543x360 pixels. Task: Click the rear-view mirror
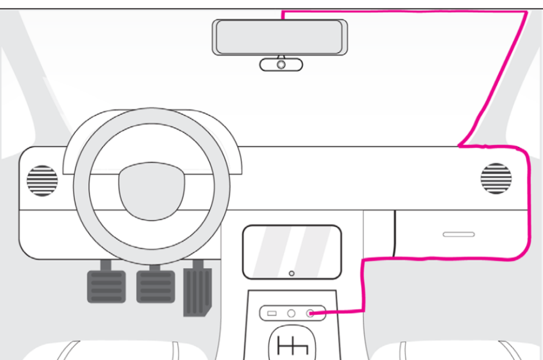coord(280,37)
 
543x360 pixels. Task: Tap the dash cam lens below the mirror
coord(281,65)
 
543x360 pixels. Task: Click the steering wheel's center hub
coord(151,190)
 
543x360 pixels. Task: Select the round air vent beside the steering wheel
coord(42,180)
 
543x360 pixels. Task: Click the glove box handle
coord(459,234)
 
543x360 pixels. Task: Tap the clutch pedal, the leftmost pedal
coord(105,285)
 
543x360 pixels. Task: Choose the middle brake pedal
coord(155,285)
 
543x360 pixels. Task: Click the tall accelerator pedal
coord(197,291)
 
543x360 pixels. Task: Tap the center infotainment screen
coord(292,252)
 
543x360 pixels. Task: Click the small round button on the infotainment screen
coord(292,273)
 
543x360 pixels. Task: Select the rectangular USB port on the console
coord(272,314)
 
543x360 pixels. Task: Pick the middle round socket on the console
coord(291,314)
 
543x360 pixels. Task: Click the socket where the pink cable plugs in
coord(310,314)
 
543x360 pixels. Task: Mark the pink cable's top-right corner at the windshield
coord(526,12)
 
